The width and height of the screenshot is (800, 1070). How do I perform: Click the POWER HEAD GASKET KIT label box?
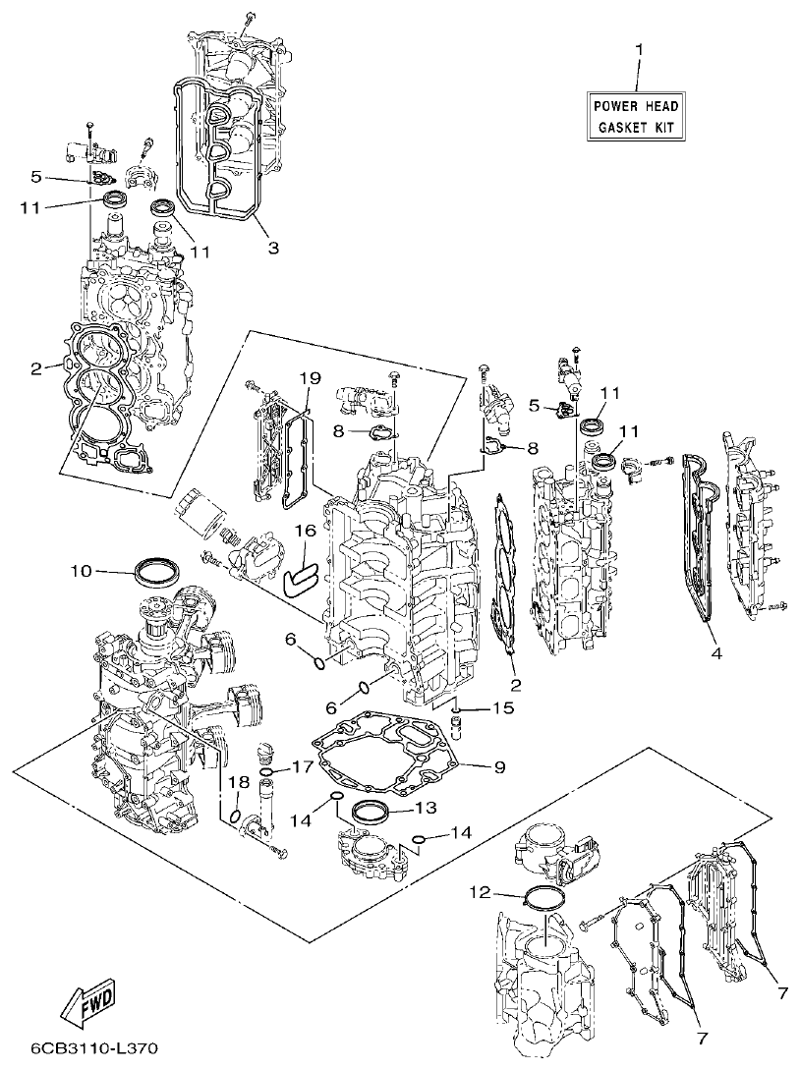636,116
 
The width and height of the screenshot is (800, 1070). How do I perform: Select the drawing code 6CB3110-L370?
94,1049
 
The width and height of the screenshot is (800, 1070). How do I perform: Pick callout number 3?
273,248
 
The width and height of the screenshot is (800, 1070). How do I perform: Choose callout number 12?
479,893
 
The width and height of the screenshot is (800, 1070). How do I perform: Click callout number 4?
715,652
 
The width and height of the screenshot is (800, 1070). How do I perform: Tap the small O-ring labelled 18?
237,816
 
